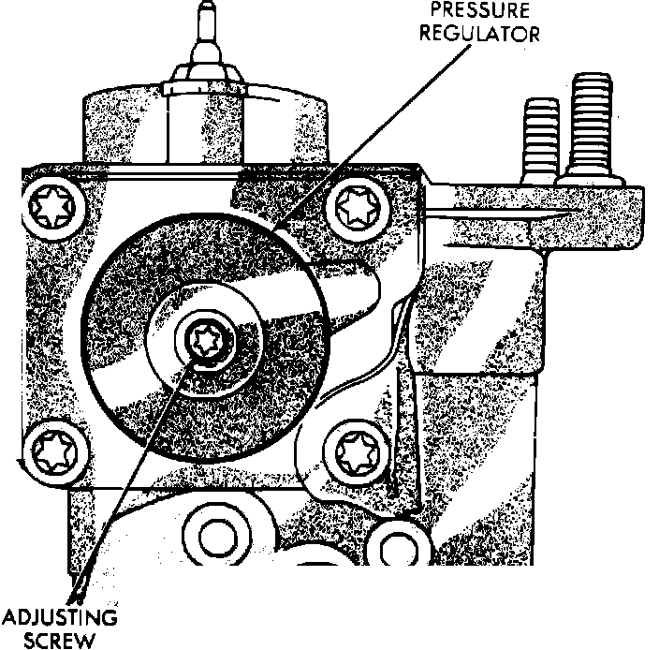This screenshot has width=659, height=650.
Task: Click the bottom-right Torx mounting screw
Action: tap(357, 453)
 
